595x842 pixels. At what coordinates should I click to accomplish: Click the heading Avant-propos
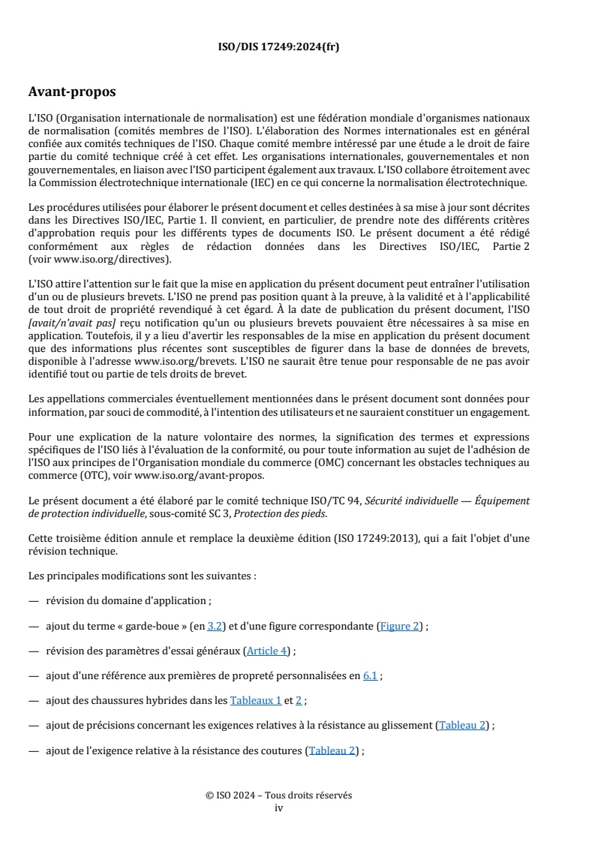(x=72, y=92)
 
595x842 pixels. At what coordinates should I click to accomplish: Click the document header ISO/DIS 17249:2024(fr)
(x=278, y=47)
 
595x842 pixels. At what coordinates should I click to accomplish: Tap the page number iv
(x=278, y=808)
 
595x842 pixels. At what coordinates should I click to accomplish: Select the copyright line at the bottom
(x=278, y=795)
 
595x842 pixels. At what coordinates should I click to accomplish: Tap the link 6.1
(x=370, y=675)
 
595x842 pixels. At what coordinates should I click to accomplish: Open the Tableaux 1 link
(x=255, y=700)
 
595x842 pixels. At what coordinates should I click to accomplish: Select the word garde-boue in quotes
(x=146, y=626)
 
